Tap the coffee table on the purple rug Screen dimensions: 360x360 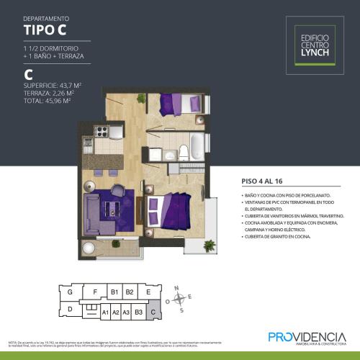(112, 209)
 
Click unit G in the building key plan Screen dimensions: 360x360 (70, 292)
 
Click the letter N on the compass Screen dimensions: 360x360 (176, 287)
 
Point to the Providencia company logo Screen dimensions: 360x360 (307, 338)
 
